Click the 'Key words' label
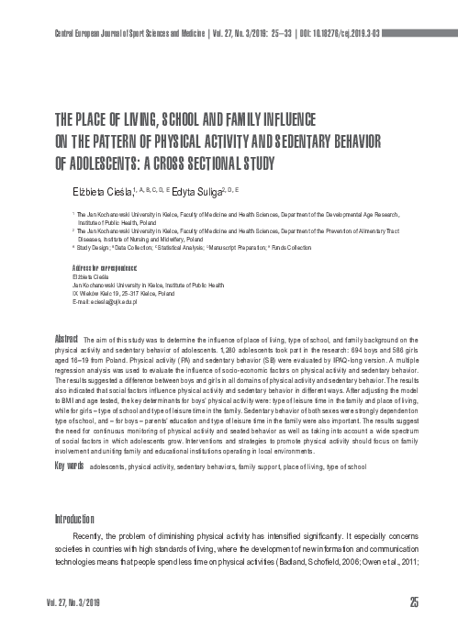pos(70,441)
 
